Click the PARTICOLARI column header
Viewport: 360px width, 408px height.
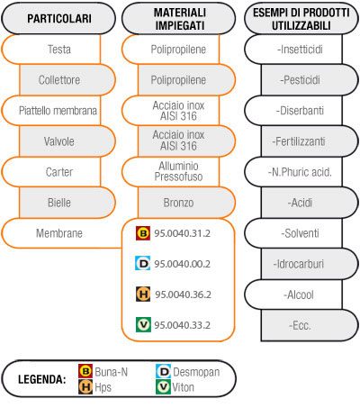click(x=58, y=18)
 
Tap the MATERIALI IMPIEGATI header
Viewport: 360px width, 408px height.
click(x=179, y=18)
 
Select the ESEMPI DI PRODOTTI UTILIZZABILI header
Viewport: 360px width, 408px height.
click(x=301, y=18)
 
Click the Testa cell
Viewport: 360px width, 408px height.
click(x=51, y=50)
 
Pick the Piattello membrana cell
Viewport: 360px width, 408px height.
click(x=51, y=111)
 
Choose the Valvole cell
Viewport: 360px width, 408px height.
click(x=67, y=141)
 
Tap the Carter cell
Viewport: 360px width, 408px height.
click(x=51, y=172)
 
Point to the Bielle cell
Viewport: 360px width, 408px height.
click(x=67, y=203)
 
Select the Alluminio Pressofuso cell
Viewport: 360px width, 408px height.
click(x=171, y=172)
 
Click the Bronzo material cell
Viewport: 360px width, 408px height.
click(x=186, y=203)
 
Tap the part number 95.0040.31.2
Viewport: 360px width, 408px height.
click(x=182, y=233)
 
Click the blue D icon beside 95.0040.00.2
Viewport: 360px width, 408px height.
click(x=143, y=263)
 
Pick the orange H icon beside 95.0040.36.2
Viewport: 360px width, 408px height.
click(x=143, y=295)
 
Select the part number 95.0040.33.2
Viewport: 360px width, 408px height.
click(x=182, y=325)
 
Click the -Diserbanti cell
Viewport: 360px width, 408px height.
click(x=294, y=111)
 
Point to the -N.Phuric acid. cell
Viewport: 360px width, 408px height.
click(x=294, y=172)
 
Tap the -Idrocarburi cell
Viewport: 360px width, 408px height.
click(x=310, y=264)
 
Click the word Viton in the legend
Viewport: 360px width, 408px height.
click(x=183, y=387)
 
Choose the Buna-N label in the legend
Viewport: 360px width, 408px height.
click(x=112, y=372)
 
